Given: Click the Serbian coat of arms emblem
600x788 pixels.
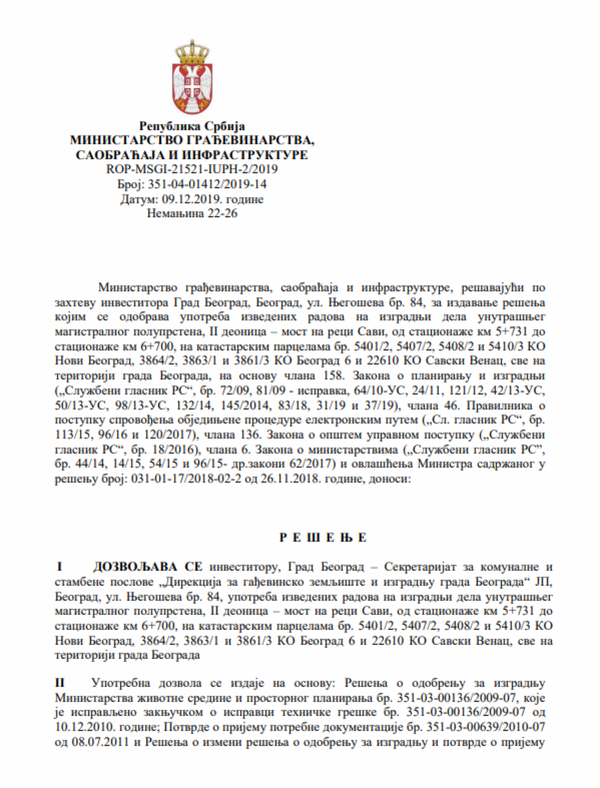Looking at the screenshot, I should [x=192, y=79].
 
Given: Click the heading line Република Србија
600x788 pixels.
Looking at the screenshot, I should [x=192, y=126].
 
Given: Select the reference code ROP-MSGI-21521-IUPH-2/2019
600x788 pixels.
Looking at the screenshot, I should [x=192, y=169].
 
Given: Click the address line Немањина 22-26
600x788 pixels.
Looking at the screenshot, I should [x=192, y=213].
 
